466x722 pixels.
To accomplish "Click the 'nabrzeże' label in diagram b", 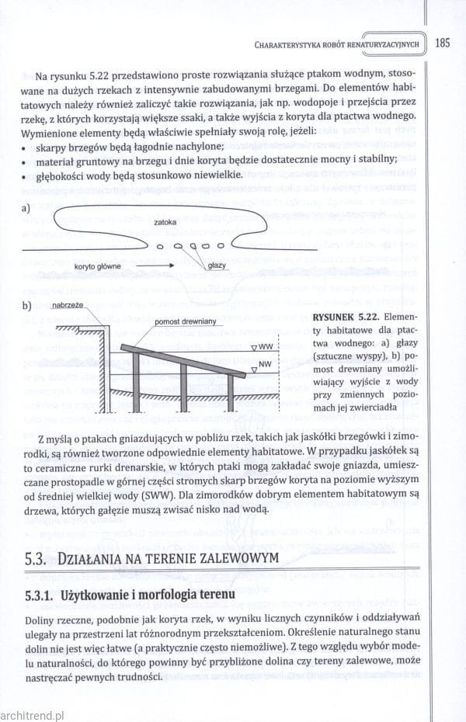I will [x=68, y=305].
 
